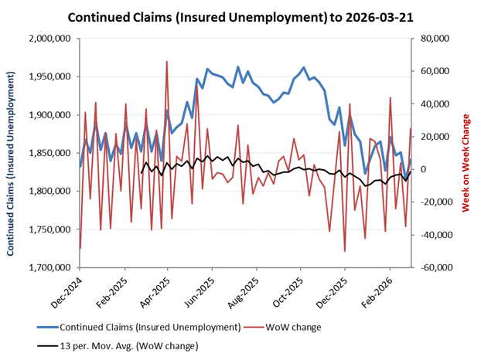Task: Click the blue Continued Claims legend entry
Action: coord(151,327)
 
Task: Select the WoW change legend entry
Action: coord(296,327)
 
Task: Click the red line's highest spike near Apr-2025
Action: coord(167,62)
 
